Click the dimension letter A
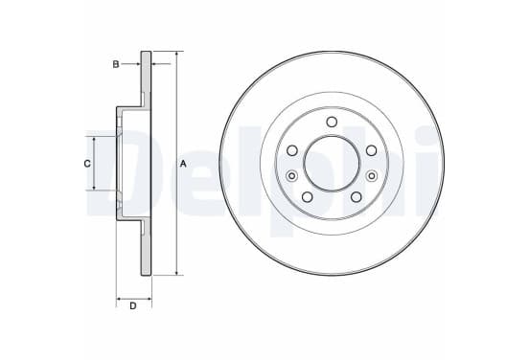pos(183,164)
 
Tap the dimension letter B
pos(116,64)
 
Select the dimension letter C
pos(87,164)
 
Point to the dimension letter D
pos(133,306)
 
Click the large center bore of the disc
pos(332,164)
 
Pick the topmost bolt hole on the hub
pos(332,122)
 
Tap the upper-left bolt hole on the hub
pos(292,150)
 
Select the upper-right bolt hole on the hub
pos(372,150)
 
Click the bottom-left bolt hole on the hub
pos(308,197)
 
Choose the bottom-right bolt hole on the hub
pos(356,197)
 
